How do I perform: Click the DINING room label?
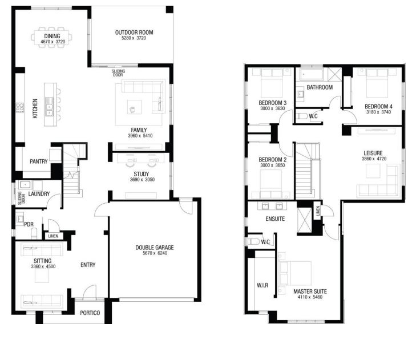52,36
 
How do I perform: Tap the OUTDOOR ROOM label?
134,33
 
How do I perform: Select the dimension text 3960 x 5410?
140,136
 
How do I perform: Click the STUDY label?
142,174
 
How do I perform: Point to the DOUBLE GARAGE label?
155,248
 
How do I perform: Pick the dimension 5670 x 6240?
155,253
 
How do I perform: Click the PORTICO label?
90,313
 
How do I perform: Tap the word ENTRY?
88,265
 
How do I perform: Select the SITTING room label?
42,261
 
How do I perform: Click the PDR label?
29,224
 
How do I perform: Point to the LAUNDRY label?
39,194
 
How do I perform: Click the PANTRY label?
38,161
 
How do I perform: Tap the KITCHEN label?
35,108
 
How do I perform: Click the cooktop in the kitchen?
20,108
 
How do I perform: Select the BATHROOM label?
320,87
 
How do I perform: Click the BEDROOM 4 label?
378,107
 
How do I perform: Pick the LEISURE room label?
373,153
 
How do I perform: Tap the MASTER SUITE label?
310,292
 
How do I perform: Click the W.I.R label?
262,285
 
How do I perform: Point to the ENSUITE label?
275,219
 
